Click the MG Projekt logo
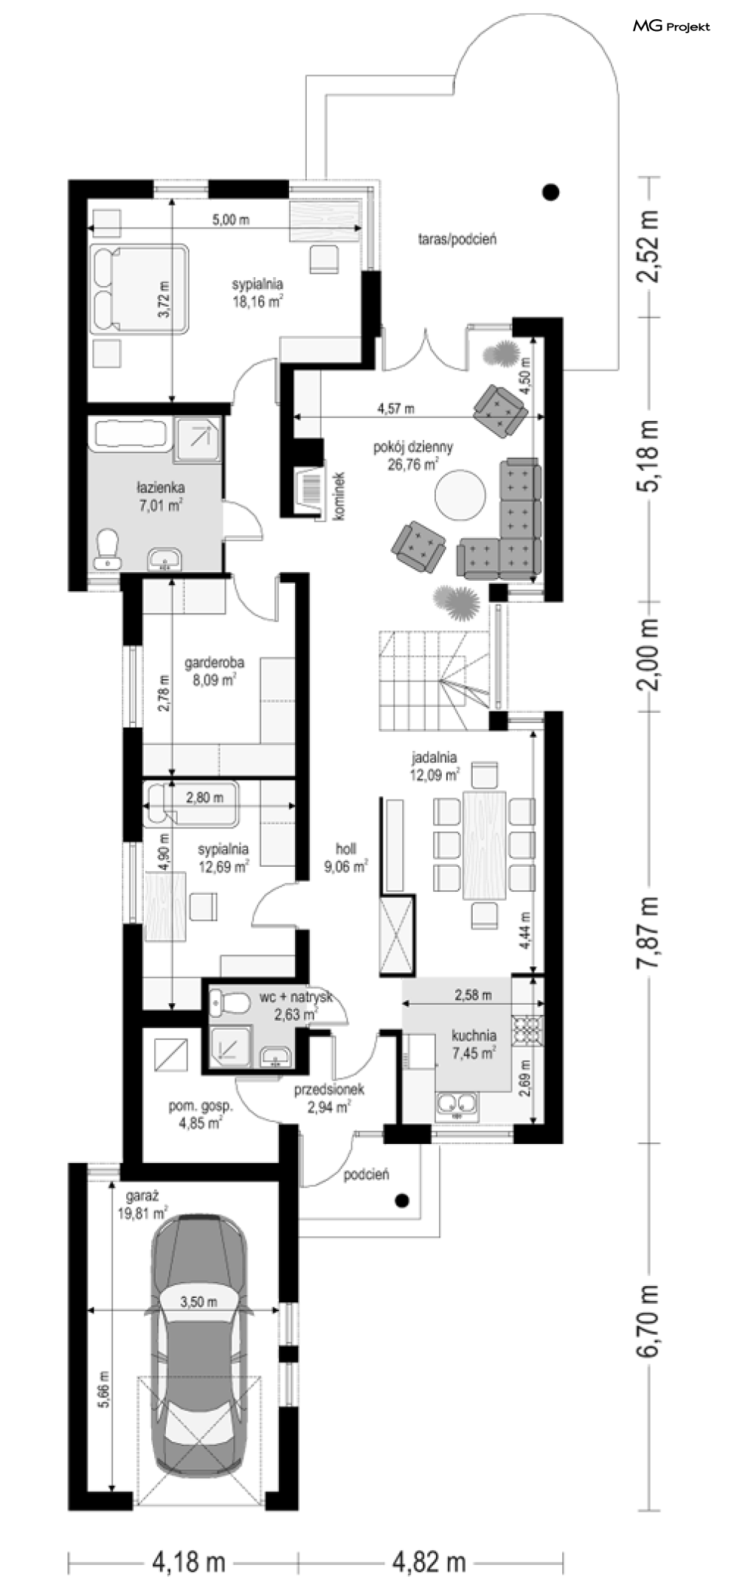(x=671, y=27)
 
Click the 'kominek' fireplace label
(x=341, y=498)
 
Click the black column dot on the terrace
(x=550, y=192)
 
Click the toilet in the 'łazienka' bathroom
(x=108, y=548)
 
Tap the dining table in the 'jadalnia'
(x=484, y=845)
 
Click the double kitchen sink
(x=457, y=1105)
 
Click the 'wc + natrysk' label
(x=296, y=997)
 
